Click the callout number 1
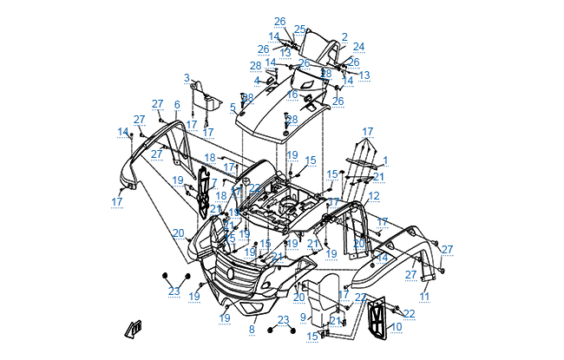pyautogui.click(x=385, y=160)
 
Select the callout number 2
pyautogui.click(x=344, y=37)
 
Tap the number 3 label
pyautogui.click(x=187, y=78)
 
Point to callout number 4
pyautogui.click(x=257, y=81)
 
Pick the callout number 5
pyautogui.click(x=233, y=108)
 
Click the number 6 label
pyautogui.click(x=177, y=105)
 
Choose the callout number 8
pyautogui.click(x=252, y=330)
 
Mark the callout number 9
pyautogui.click(x=303, y=317)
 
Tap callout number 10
pyautogui.click(x=397, y=327)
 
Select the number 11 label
pyautogui.click(x=424, y=296)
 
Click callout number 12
pyautogui.click(x=374, y=197)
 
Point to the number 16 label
pyautogui.click(x=292, y=94)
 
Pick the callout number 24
pyautogui.click(x=358, y=47)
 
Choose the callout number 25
pyautogui.click(x=299, y=29)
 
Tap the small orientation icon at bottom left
pyautogui.click(x=134, y=329)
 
